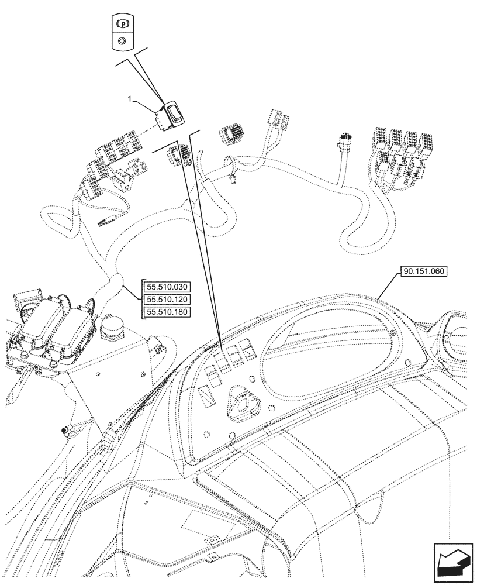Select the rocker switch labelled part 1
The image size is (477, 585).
point(171,115)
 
